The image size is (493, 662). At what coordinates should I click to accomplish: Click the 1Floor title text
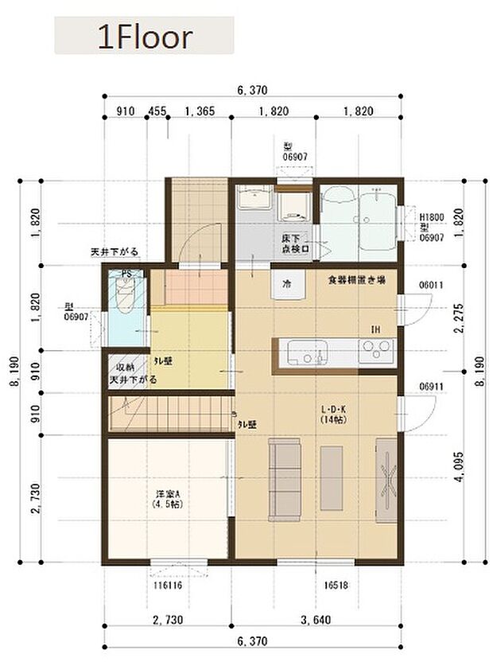click(144, 37)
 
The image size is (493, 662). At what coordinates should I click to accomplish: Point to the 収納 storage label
click(126, 368)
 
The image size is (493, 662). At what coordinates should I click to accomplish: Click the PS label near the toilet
click(126, 275)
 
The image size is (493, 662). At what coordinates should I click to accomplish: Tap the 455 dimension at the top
click(157, 112)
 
